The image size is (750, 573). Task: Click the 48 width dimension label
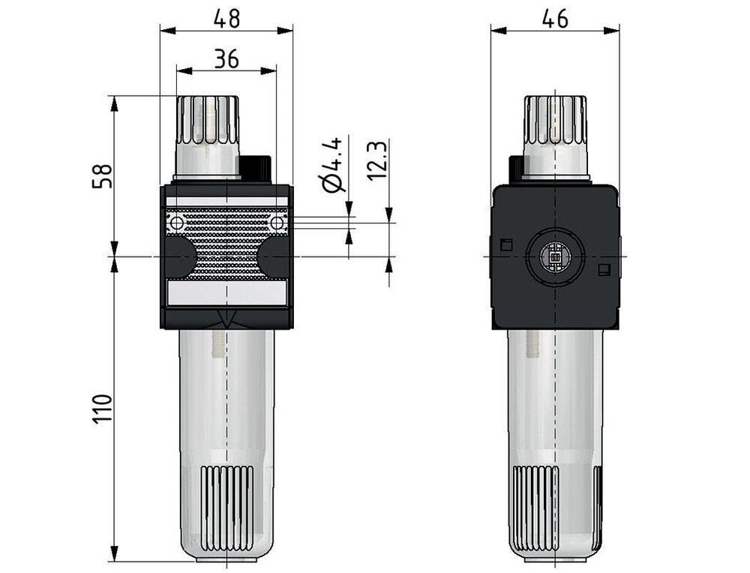tap(226, 18)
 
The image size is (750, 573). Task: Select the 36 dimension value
tap(226, 58)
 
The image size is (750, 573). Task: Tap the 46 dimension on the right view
tap(555, 18)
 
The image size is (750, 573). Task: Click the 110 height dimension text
tap(103, 409)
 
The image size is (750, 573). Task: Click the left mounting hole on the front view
tap(176, 223)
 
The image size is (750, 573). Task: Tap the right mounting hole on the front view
tap(277, 223)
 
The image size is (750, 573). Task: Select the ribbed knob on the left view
tap(207, 120)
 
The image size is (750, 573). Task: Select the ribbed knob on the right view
tap(555, 120)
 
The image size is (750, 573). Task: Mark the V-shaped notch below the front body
tap(226, 319)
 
